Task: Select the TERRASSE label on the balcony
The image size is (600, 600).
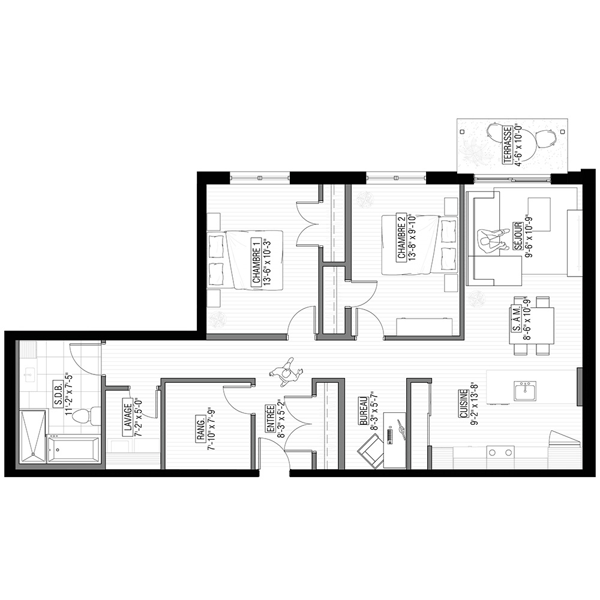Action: tap(508, 145)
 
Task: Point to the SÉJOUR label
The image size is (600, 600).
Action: tap(518, 236)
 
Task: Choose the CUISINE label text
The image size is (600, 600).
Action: tap(463, 404)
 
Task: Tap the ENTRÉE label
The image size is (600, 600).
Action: tap(271, 419)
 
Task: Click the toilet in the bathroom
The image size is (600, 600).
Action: tap(86, 416)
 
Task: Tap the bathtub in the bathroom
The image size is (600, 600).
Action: tap(73, 449)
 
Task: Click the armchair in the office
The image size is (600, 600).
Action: tap(370, 452)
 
